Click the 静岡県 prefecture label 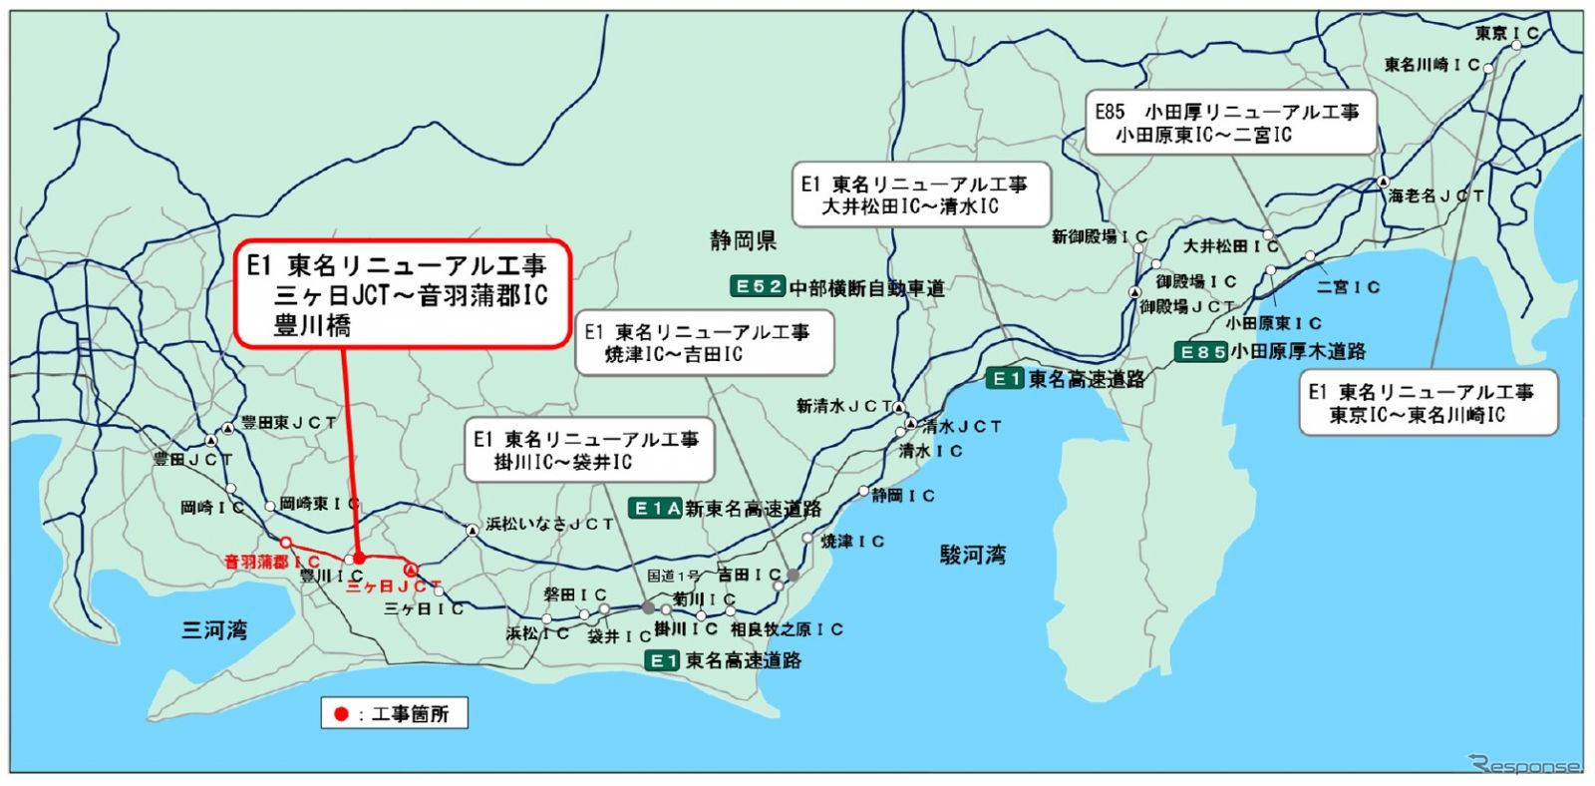(x=743, y=240)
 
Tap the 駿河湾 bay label (x=972, y=556)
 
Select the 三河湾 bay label (x=214, y=630)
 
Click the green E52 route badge (x=758, y=287)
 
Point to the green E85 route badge (x=1200, y=352)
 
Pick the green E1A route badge (x=656, y=509)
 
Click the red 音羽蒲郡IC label (x=271, y=562)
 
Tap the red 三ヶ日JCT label (x=393, y=587)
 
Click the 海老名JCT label (x=1435, y=196)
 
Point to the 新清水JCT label (x=843, y=406)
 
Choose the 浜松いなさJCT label (x=549, y=524)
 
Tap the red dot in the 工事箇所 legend (x=341, y=714)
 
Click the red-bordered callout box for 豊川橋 (x=404, y=294)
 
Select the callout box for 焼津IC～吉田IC (x=705, y=342)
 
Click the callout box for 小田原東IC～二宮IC (x=1230, y=123)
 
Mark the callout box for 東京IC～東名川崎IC (x=1428, y=403)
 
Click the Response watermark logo (x=1525, y=766)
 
